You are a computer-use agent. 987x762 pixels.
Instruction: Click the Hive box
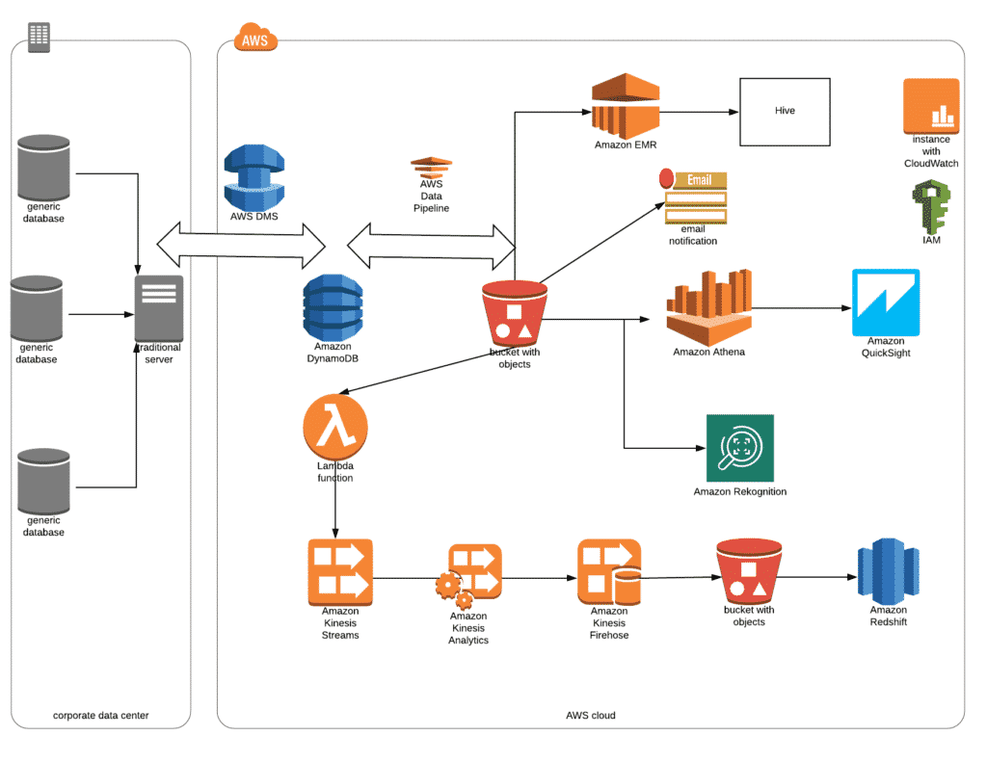[x=786, y=111]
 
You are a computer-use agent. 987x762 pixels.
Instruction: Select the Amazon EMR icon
[x=625, y=107]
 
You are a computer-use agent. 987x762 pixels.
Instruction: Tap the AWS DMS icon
[x=254, y=176]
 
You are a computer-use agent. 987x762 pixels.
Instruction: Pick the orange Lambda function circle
[x=335, y=427]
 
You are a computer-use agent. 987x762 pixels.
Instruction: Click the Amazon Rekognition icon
[x=739, y=448]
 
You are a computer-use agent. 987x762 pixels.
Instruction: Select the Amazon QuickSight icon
[x=885, y=302]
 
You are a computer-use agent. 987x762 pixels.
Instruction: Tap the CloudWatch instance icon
[x=931, y=106]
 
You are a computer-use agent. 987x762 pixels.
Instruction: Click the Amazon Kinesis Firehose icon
[x=609, y=572]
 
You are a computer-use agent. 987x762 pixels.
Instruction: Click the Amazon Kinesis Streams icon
[x=339, y=571]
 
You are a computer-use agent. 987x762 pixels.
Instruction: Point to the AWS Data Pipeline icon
[x=431, y=166]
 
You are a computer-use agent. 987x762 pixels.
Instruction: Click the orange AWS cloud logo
[x=255, y=39]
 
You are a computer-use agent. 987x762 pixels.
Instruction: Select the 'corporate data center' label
[x=101, y=716]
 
